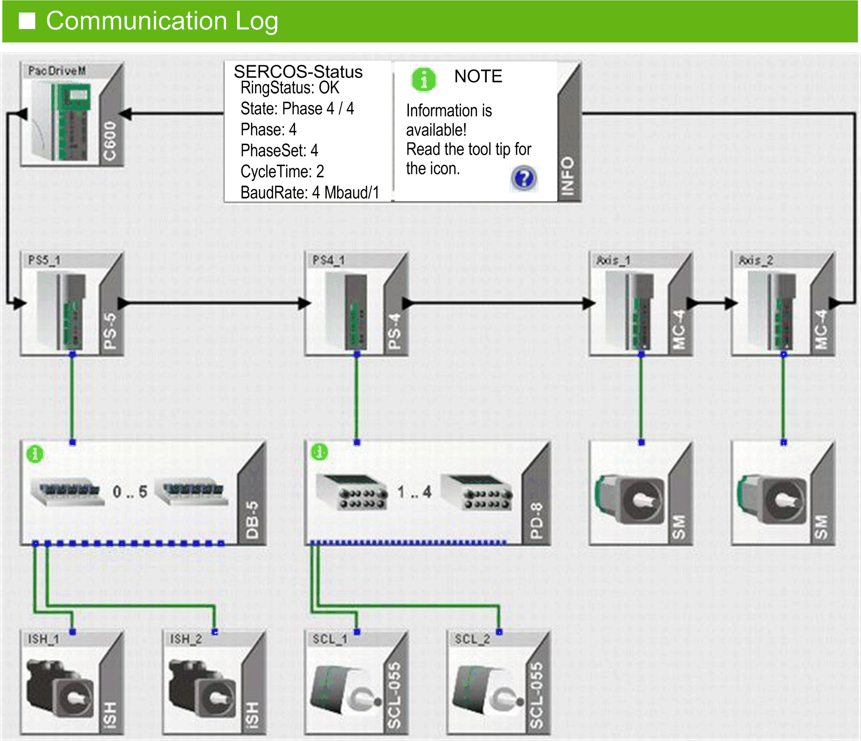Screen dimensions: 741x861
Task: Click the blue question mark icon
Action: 524,178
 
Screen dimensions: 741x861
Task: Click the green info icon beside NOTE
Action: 423,79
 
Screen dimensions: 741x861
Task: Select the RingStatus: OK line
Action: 289,88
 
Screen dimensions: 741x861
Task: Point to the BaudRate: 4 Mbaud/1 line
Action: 309,192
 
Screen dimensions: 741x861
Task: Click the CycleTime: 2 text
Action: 282,171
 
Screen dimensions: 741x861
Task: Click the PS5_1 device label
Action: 44,260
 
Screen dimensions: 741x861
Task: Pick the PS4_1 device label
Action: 329,260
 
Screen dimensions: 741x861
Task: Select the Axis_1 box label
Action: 613,260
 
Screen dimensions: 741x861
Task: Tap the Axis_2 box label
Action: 756,260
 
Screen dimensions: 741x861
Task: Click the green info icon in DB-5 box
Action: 35,453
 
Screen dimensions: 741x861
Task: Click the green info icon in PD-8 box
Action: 319,452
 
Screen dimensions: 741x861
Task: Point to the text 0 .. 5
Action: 130,492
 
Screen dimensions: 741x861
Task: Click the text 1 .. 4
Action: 414,492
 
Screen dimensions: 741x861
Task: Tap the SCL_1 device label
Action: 330,639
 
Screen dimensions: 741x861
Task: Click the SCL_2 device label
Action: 472,639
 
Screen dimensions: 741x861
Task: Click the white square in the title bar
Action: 27,21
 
